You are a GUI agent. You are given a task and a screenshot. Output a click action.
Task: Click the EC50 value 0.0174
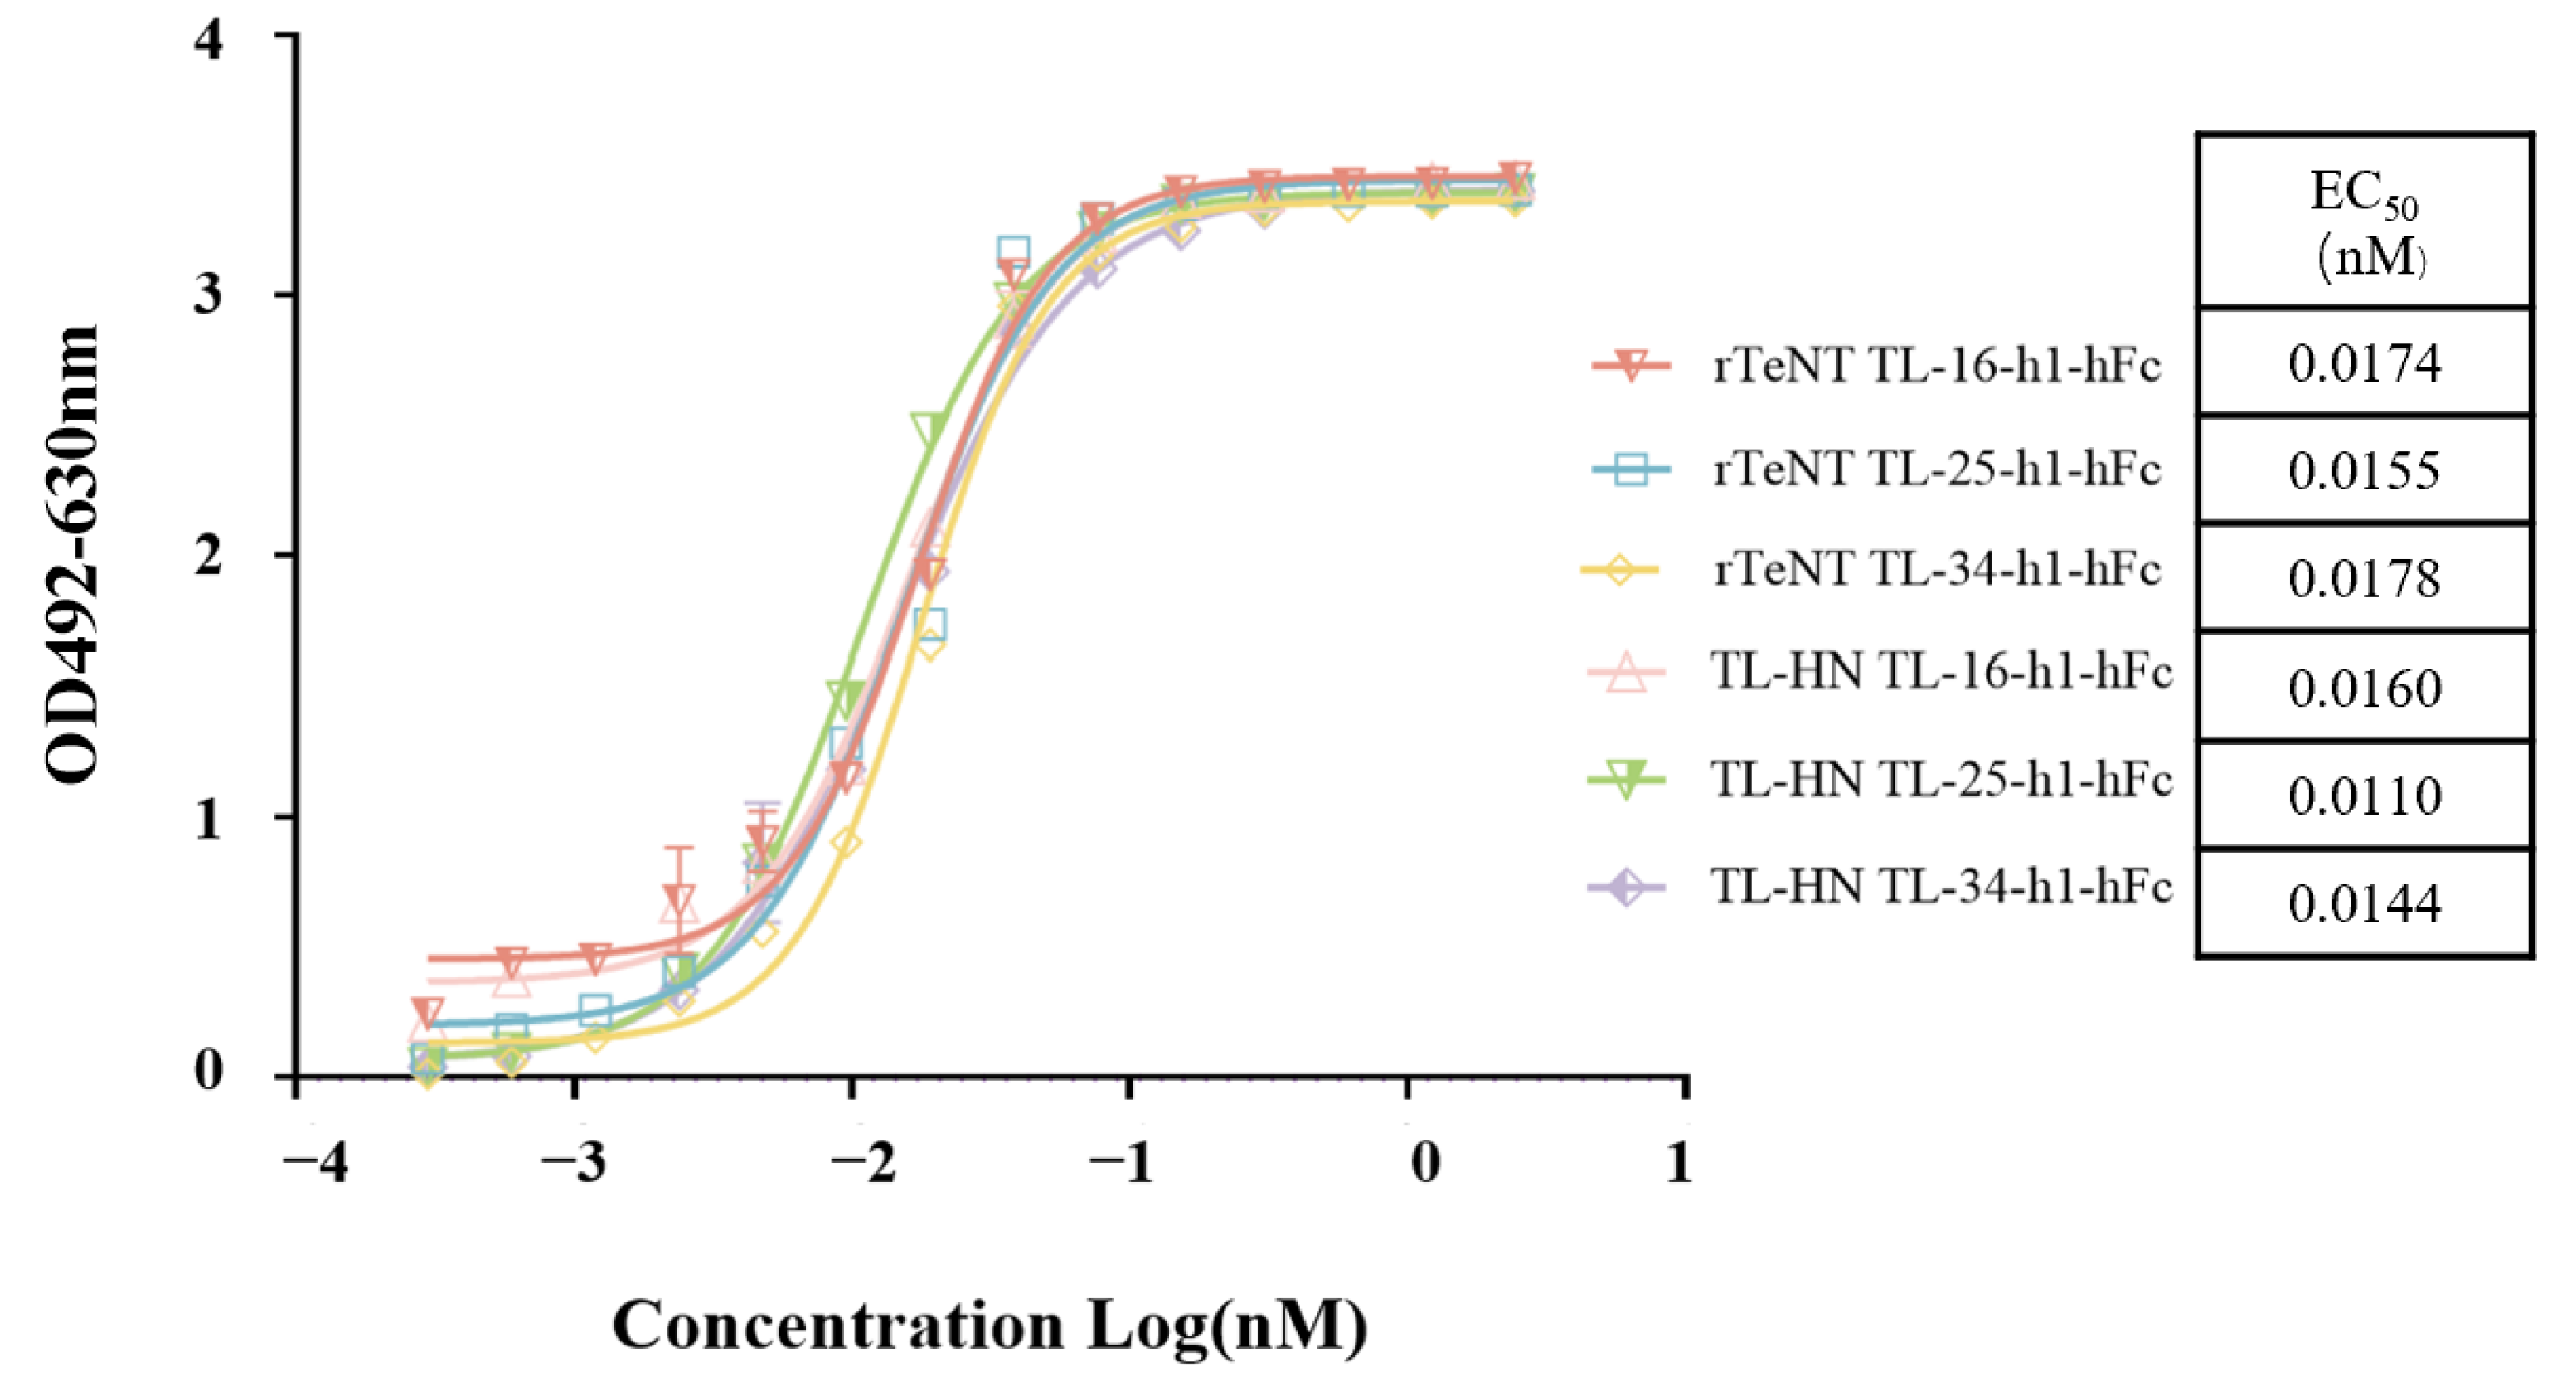(x=2364, y=363)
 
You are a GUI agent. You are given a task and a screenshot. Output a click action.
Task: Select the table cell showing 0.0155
(x=2364, y=470)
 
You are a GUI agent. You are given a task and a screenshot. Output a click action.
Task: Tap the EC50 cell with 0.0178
(x=2364, y=579)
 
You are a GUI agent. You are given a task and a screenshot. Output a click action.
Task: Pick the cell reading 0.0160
(x=2364, y=688)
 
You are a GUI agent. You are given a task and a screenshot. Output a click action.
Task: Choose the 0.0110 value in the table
(x=2364, y=796)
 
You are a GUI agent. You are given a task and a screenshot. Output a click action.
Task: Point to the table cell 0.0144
(x=2364, y=904)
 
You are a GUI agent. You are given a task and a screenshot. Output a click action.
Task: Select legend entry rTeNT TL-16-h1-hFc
(x=1936, y=367)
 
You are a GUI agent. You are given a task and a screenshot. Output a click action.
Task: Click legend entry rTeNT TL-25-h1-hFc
(x=1936, y=469)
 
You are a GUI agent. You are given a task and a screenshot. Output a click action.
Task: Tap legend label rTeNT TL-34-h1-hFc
(x=1936, y=570)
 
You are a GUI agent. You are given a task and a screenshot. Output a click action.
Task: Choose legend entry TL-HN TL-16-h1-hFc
(x=1941, y=673)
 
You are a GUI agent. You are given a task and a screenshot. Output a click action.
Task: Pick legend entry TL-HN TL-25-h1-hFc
(x=1941, y=781)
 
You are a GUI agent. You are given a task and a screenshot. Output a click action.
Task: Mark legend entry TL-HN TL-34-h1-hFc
(x=1941, y=887)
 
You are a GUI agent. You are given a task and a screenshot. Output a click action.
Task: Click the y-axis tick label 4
(x=208, y=41)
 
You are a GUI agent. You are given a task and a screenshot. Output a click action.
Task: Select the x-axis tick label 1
(x=1678, y=1161)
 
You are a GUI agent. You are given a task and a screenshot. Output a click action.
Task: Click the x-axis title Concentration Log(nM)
(x=990, y=1326)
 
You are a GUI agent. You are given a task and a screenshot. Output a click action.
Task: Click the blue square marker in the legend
(x=1631, y=469)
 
